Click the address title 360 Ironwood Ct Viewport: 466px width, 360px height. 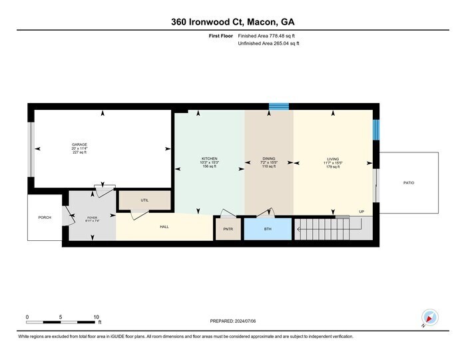(x=232, y=22)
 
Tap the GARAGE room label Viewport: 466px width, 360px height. (x=80, y=144)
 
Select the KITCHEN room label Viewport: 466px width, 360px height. (x=209, y=159)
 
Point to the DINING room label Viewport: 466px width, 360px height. (x=268, y=159)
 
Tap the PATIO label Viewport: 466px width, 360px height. (x=409, y=182)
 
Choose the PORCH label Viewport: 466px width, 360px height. (x=45, y=218)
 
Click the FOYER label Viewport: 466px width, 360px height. (x=92, y=218)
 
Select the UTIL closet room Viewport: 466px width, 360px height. (x=144, y=200)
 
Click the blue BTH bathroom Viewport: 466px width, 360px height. (x=268, y=228)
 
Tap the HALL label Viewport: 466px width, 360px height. (x=164, y=227)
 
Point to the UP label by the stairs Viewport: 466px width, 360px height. (x=361, y=212)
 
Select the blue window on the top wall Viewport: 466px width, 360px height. (x=278, y=106)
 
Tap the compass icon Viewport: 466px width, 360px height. (x=429, y=318)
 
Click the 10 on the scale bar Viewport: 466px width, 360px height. (x=97, y=317)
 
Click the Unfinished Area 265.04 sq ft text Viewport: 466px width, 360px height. (x=269, y=43)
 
